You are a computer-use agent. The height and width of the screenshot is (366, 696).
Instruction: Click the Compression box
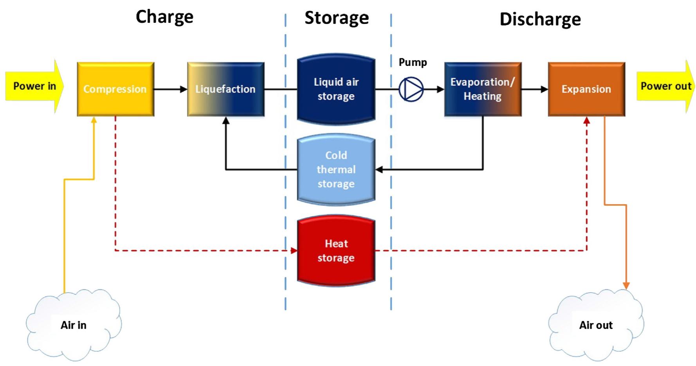click(x=115, y=89)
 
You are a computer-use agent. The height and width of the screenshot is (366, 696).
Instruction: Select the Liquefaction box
click(x=225, y=89)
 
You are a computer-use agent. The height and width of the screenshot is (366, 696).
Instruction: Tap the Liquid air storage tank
click(x=336, y=89)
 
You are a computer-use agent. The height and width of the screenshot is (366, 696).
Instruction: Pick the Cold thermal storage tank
click(x=336, y=169)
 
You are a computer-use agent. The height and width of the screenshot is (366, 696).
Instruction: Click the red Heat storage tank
click(x=336, y=251)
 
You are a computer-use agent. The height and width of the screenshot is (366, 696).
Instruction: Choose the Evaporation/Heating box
click(x=482, y=89)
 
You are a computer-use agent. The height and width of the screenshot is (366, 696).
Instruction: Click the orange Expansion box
click(x=586, y=89)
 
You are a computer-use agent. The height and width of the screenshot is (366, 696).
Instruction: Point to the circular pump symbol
click(x=411, y=89)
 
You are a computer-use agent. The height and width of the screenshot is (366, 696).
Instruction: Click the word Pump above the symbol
click(x=413, y=62)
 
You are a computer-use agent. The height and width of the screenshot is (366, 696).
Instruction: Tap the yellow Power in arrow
click(x=34, y=86)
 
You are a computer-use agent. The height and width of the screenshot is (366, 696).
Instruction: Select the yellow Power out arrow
click(x=665, y=86)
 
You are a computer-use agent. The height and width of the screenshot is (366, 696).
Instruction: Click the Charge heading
click(x=164, y=17)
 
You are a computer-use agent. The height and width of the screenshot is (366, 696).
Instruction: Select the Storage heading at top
click(x=337, y=18)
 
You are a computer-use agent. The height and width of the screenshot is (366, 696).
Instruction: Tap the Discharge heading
click(x=540, y=19)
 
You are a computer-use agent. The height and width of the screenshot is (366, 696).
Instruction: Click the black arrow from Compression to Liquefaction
click(x=171, y=89)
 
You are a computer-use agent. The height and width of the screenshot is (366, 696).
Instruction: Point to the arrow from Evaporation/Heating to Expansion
click(x=535, y=89)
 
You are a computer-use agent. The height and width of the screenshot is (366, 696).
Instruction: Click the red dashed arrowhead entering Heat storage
click(x=294, y=250)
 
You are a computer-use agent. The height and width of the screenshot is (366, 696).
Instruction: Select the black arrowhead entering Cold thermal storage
click(x=379, y=169)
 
